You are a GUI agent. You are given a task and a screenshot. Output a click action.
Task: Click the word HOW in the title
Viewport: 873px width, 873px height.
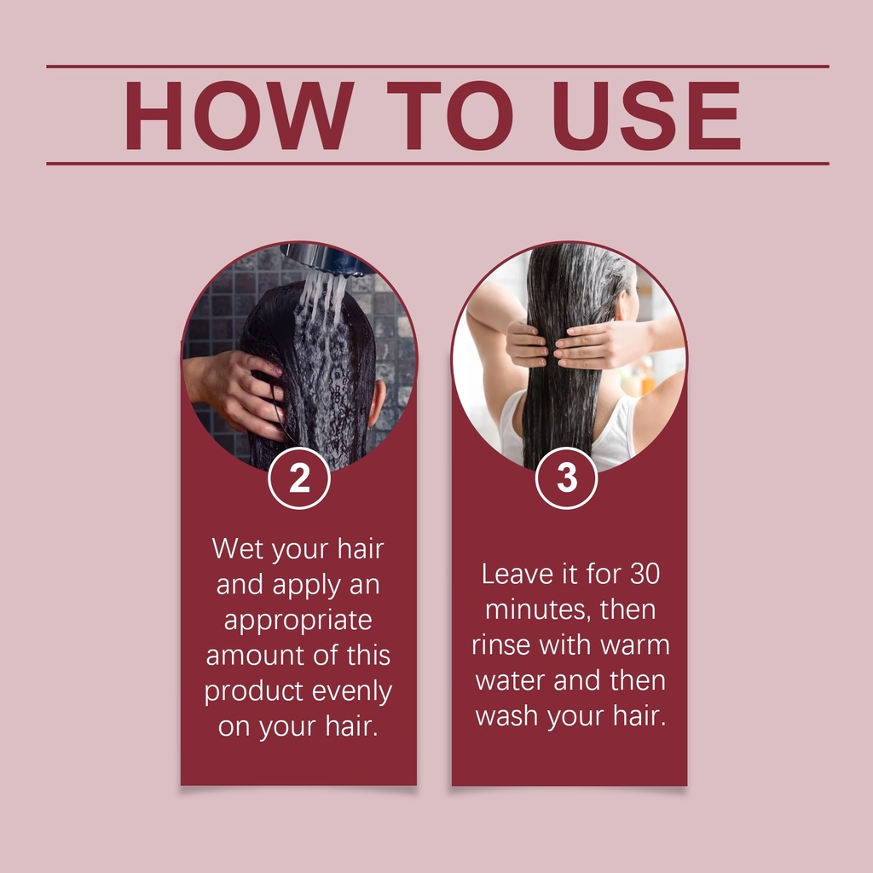240,115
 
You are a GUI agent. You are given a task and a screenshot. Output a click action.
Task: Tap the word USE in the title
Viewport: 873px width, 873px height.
646,115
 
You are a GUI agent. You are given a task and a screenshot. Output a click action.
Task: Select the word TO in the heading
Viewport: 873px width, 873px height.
450,115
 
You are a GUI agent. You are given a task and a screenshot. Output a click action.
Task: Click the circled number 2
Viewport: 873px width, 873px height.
299,478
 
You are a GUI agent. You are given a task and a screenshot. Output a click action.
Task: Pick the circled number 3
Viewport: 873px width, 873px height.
566,478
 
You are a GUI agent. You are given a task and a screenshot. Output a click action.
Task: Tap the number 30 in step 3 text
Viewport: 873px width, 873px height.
645,574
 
